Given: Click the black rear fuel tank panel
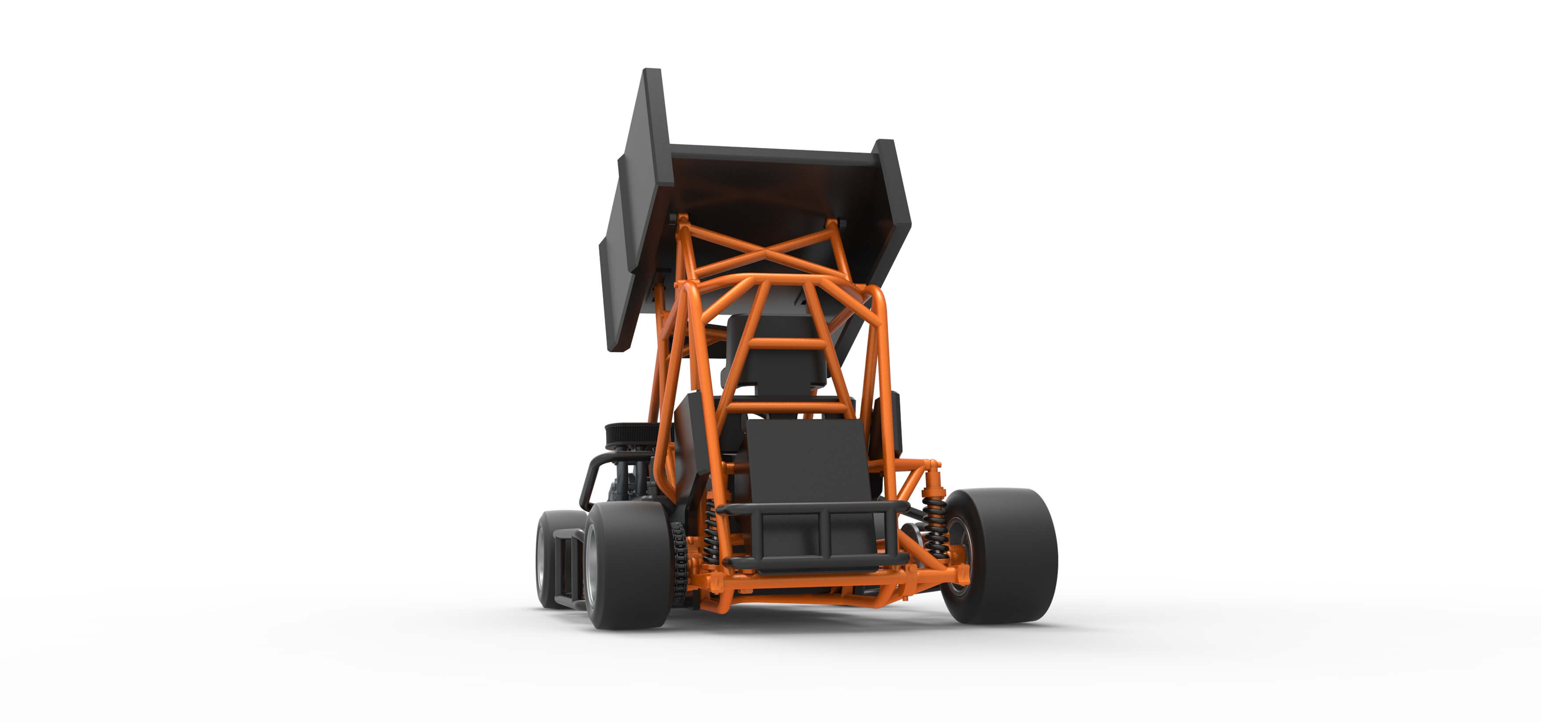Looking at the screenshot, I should (x=808, y=461).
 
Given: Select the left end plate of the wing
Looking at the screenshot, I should (x=637, y=209).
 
